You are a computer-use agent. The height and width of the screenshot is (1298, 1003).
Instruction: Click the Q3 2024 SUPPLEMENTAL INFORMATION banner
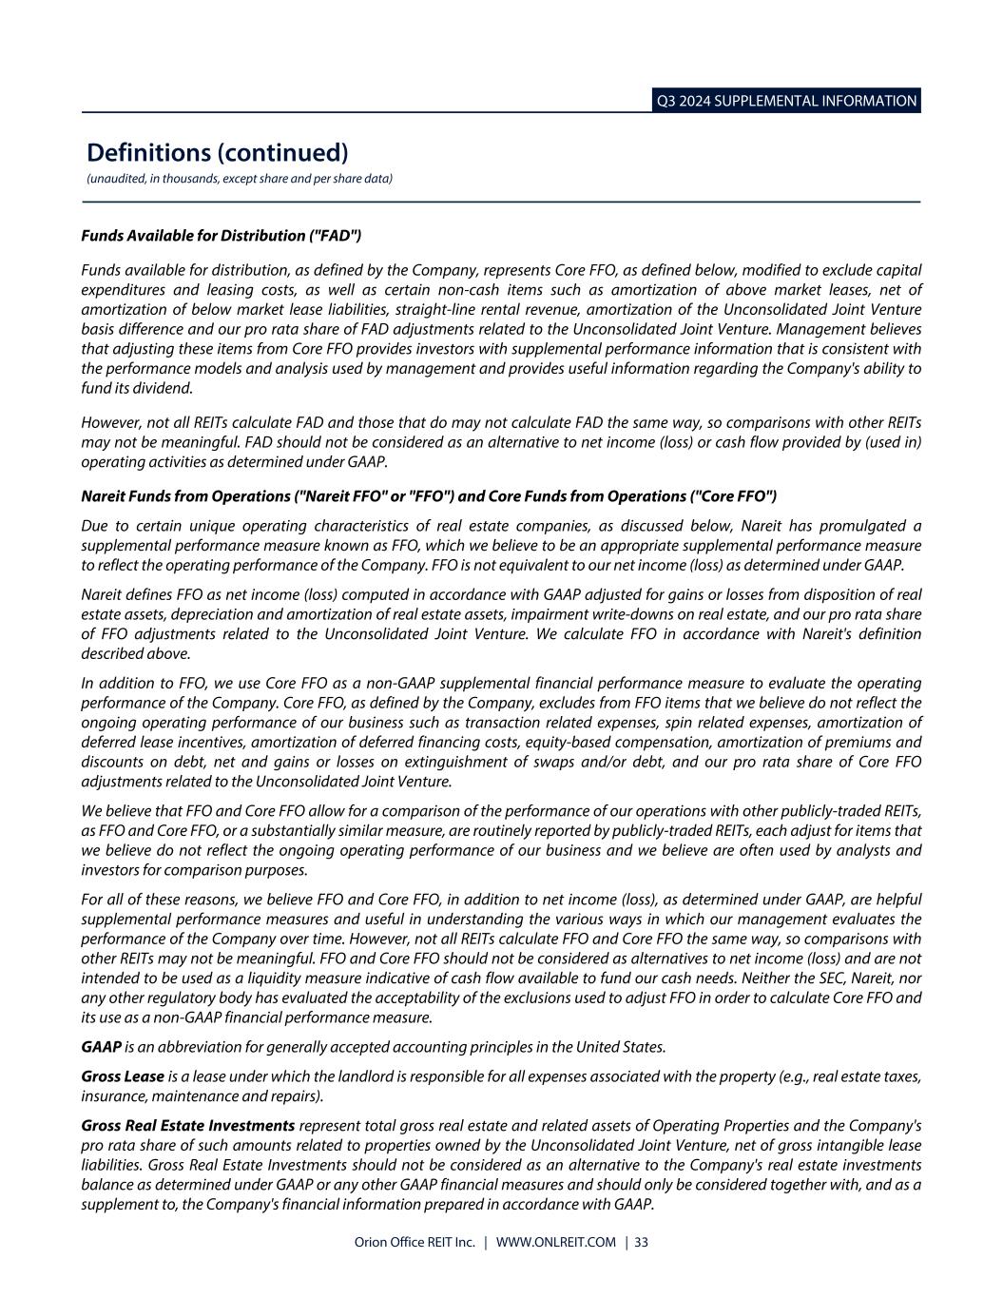(x=786, y=101)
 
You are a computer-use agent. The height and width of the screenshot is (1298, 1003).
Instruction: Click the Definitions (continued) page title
(x=218, y=152)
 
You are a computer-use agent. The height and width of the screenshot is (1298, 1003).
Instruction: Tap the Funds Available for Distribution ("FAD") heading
(x=222, y=235)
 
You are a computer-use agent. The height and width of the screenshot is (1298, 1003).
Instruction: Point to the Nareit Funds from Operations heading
(x=429, y=496)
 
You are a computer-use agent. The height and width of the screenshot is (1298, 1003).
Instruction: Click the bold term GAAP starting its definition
(x=101, y=1047)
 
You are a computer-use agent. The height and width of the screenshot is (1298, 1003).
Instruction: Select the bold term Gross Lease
(x=123, y=1076)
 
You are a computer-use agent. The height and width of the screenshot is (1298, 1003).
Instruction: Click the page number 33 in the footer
(x=642, y=1242)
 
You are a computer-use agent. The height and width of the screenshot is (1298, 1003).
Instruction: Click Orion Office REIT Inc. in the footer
(x=414, y=1242)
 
